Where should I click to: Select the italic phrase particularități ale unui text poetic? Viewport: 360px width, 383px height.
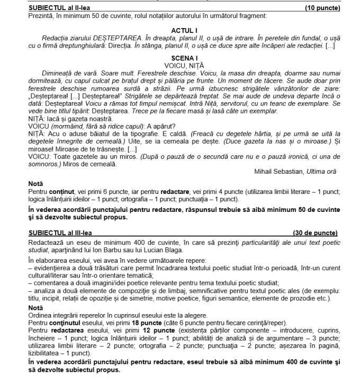pos(271,242)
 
